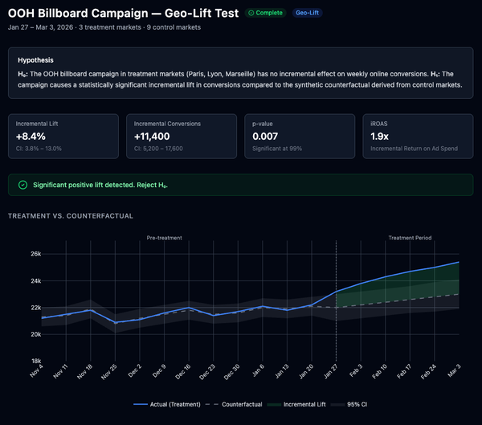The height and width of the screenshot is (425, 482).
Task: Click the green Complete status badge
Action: pyautogui.click(x=265, y=14)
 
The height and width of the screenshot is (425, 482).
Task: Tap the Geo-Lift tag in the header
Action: pyautogui.click(x=305, y=14)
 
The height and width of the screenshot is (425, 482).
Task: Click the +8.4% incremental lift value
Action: pyautogui.click(x=31, y=137)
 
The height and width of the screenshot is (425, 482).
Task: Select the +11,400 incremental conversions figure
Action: pyautogui.click(x=157, y=137)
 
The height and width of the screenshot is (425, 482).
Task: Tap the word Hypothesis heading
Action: pyautogui.click(x=36, y=60)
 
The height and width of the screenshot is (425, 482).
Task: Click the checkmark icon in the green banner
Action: pyautogui.click(x=22, y=185)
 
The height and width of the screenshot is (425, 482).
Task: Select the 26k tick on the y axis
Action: pyautogui.click(x=36, y=254)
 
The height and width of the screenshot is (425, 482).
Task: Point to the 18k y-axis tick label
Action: pyautogui.click(x=36, y=361)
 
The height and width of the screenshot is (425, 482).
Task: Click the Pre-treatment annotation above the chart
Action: pyautogui.click(x=164, y=238)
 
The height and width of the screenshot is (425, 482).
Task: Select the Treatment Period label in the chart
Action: pyautogui.click(x=410, y=238)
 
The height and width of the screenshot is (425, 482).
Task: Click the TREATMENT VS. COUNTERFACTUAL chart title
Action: pyautogui.click(x=71, y=216)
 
